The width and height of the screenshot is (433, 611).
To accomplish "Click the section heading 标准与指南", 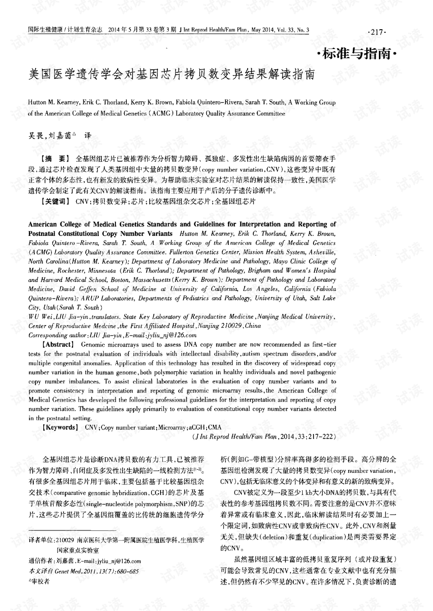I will point(356,54).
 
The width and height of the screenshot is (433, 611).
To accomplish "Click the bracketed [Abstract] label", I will point(58,344).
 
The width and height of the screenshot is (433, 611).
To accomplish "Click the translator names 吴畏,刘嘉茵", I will point(51,135).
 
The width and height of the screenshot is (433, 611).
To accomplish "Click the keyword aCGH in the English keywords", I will point(197,427).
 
